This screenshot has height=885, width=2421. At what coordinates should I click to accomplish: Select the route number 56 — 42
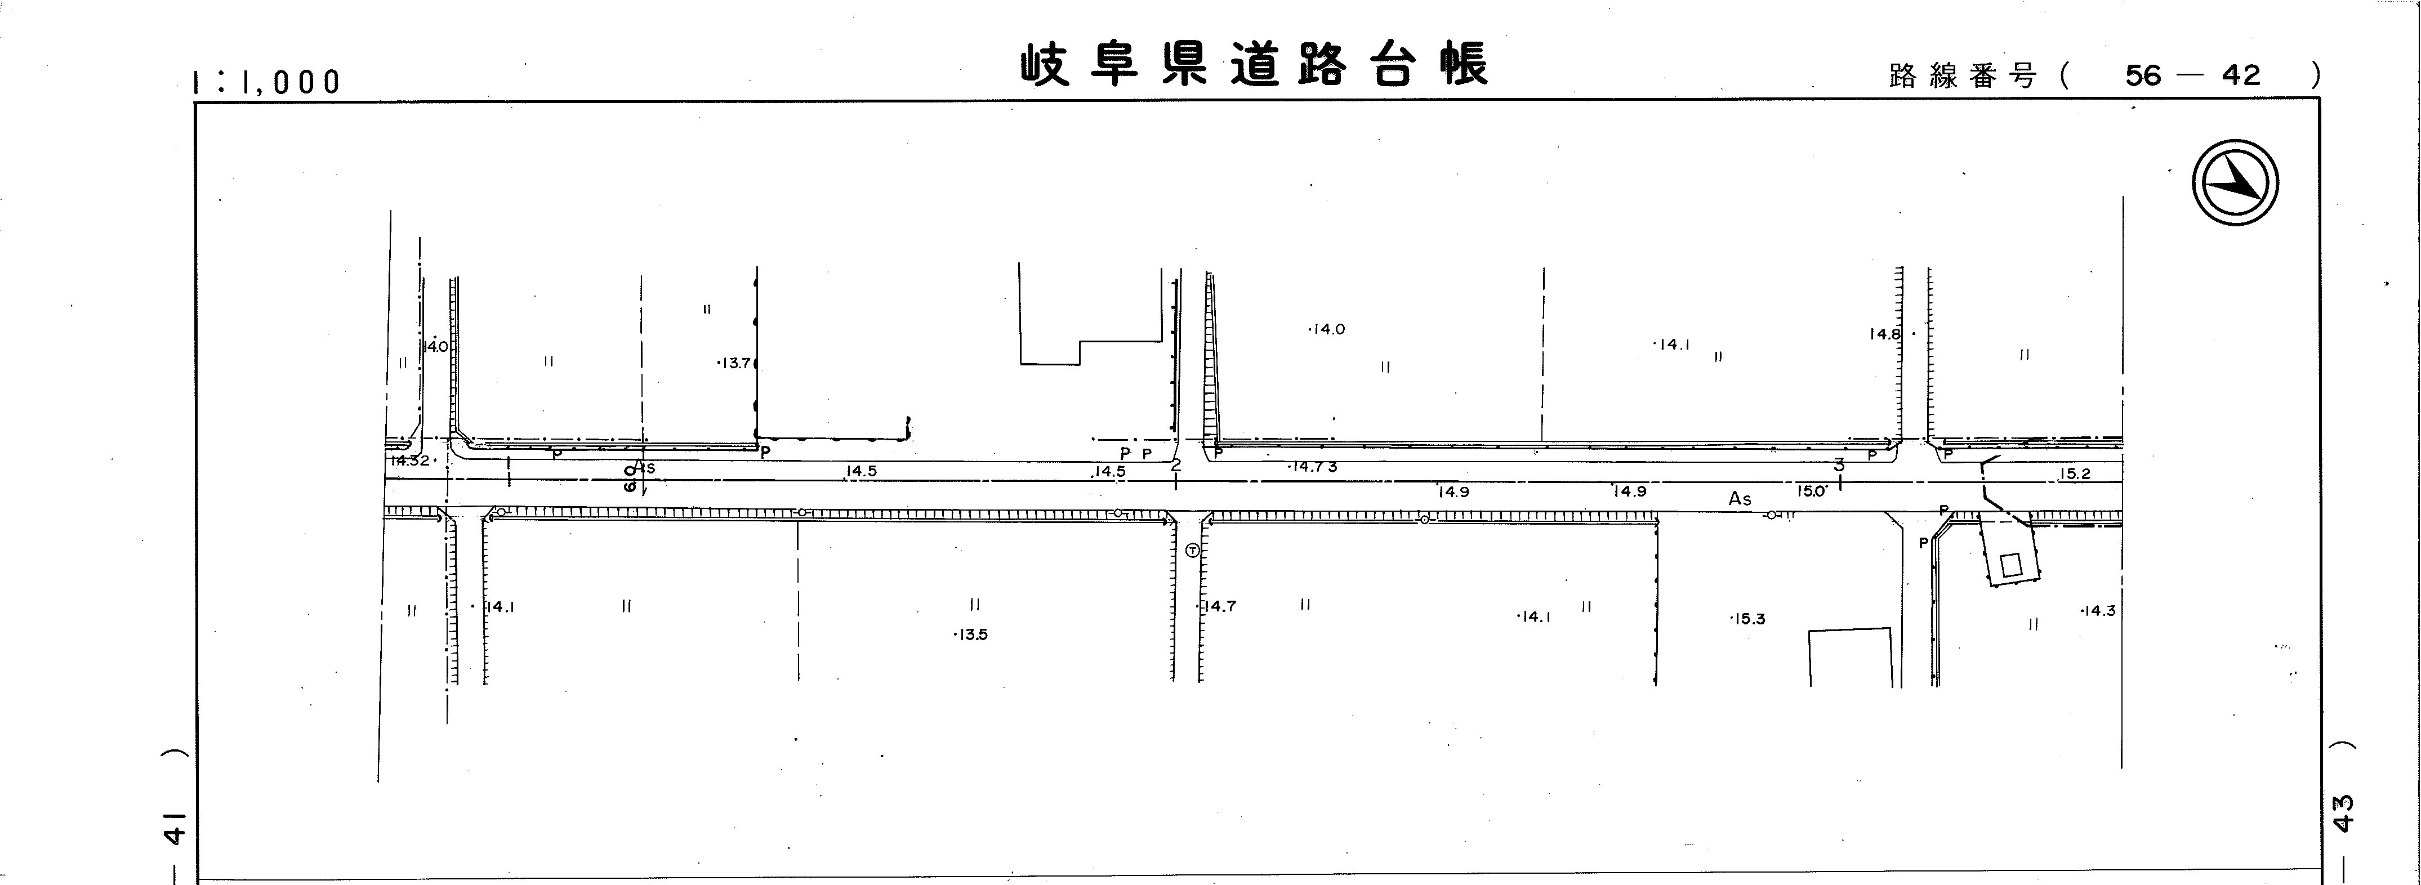click(x=2192, y=75)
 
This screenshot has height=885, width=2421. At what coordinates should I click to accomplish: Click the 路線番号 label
click(x=1963, y=76)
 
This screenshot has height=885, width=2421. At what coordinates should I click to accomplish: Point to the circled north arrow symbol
click(x=2235, y=182)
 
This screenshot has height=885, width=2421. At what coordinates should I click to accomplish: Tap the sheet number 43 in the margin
click(x=2343, y=814)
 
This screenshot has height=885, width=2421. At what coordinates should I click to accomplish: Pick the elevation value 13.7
click(x=735, y=363)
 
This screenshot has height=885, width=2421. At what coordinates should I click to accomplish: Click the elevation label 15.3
click(x=1749, y=619)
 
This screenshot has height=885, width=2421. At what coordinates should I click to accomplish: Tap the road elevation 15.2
click(x=2074, y=473)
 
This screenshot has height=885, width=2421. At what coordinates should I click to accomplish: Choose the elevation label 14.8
click(x=1884, y=333)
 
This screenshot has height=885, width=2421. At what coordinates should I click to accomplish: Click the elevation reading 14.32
click(x=410, y=461)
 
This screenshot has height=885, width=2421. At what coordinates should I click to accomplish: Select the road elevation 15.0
click(x=1811, y=490)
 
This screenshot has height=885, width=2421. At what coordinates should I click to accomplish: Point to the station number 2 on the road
click(x=1176, y=464)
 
